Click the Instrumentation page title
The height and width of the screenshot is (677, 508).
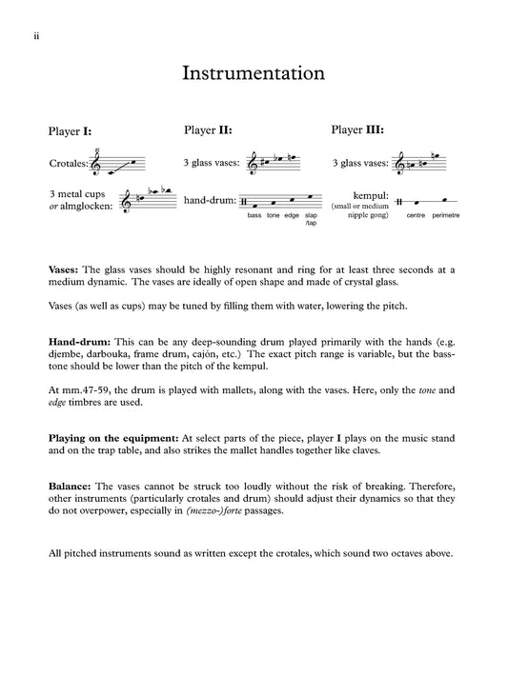point(254,73)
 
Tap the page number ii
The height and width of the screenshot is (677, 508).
point(36,36)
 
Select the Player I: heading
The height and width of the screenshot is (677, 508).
point(70,130)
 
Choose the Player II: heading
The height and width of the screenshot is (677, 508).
point(208,129)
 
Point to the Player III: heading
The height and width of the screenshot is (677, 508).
point(357,129)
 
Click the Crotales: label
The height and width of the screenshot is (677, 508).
point(69,163)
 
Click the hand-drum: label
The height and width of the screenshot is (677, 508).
point(210,200)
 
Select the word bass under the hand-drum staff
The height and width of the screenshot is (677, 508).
point(254,215)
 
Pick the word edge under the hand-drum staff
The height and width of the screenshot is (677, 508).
point(292,215)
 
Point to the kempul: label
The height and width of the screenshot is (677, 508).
point(371,195)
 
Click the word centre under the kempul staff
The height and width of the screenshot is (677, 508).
point(416,215)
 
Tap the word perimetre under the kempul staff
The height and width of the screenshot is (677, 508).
point(446,215)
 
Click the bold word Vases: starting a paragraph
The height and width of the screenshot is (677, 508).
point(64,269)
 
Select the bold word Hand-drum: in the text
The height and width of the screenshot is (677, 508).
point(79,342)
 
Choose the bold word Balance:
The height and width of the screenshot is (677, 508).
point(70,487)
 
